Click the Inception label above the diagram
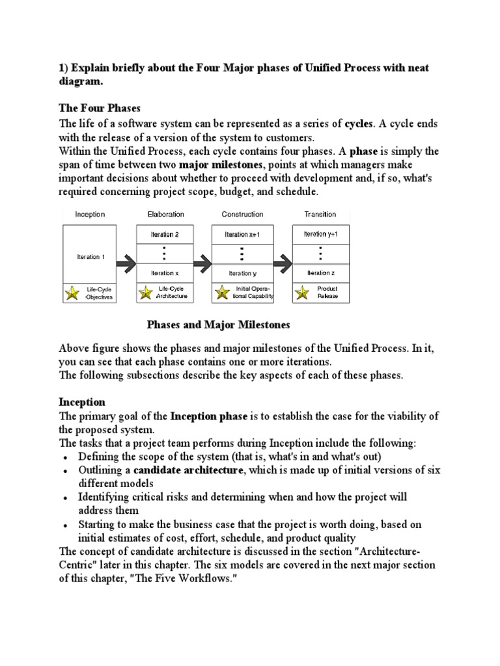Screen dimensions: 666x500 [x=90, y=214]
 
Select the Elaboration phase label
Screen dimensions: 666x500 [x=166, y=214]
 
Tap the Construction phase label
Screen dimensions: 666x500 [x=242, y=214]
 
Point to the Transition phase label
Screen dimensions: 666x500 [x=320, y=214]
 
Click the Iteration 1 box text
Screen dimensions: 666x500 [x=89, y=257]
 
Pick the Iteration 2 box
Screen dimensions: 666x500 [x=165, y=234]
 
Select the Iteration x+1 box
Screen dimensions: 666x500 [x=242, y=234]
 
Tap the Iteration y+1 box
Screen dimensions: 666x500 [x=320, y=233]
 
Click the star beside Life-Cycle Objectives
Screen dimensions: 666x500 [x=71, y=293]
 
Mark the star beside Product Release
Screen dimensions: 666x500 [x=301, y=293]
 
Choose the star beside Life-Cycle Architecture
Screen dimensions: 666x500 [x=146, y=293]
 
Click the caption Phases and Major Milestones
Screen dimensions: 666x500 [x=218, y=325]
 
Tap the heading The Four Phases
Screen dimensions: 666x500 [x=100, y=109]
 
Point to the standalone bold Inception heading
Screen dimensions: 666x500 [x=82, y=403]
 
